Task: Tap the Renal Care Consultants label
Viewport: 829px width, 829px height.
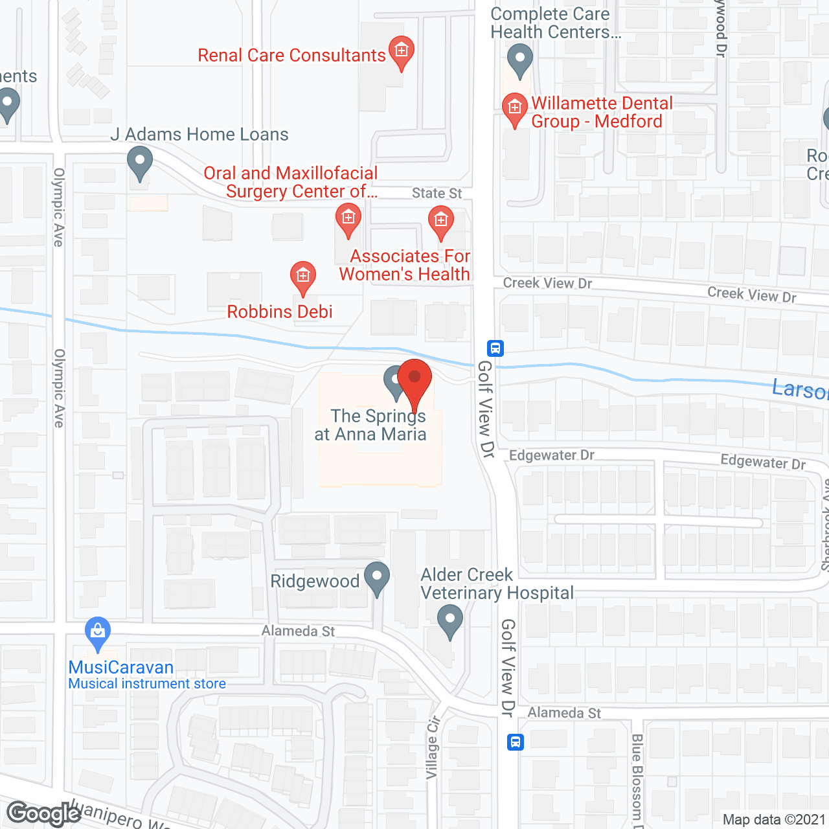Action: point(291,56)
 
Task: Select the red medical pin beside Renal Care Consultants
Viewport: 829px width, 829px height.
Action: point(402,51)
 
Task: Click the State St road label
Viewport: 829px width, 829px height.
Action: point(437,194)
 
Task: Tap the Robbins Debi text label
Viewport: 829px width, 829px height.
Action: point(280,312)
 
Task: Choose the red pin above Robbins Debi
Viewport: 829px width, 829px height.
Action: point(302,277)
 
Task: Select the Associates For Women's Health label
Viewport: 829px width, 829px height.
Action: point(405,266)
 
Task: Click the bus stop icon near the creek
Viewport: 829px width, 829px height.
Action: point(495,348)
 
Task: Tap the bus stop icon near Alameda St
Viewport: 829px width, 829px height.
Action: point(515,742)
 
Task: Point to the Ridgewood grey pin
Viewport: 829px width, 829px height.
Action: point(377,578)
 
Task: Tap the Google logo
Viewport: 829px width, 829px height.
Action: point(44,813)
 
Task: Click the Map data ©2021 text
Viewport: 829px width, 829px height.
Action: point(774,820)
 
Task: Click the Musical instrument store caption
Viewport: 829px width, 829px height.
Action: point(147,684)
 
